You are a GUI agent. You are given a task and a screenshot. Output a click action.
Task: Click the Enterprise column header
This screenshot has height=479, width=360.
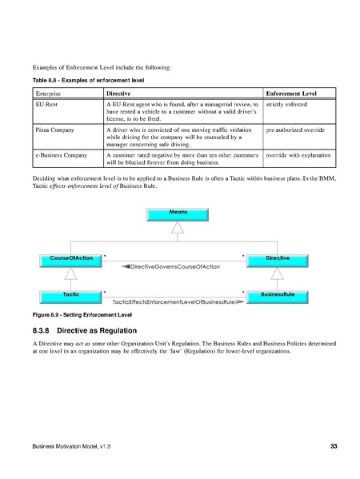tap(49, 94)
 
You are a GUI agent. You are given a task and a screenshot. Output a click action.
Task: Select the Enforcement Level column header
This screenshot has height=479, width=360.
tap(292, 94)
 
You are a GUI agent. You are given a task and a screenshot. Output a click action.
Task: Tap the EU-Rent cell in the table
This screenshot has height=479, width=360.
tap(46, 105)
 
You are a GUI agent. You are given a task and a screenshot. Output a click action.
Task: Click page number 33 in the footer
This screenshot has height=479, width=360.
tap(333, 445)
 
